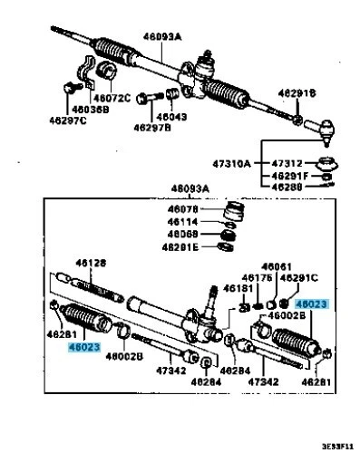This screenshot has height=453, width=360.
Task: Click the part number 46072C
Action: (x=114, y=97)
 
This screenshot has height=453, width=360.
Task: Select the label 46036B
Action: (x=90, y=109)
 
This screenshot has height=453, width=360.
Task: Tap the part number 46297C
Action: (x=69, y=120)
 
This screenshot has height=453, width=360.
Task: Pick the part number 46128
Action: (x=91, y=263)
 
